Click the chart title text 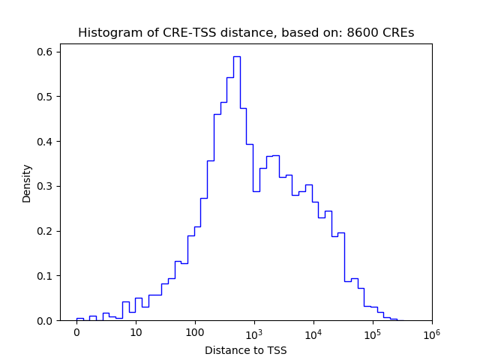click(x=246, y=33)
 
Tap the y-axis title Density click(x=27, y=183)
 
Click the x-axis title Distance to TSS click(x=246, y=349)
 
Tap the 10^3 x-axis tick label click(x=253, y=332)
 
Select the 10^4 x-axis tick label click(x=313, y=332)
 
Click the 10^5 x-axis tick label click(x=372, y=332)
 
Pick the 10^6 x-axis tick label click(x=431, y=332)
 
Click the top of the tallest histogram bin click(x=236, y=56)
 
